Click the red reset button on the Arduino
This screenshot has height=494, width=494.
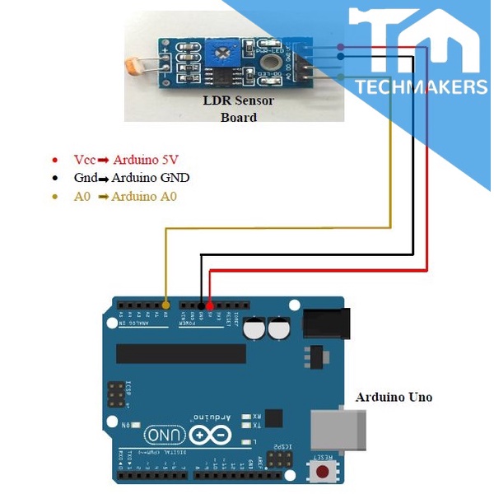pos(323,472)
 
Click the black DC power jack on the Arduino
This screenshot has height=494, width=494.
pos(327,322)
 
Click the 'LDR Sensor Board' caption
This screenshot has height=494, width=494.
pos(239,109)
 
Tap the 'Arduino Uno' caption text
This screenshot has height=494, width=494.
pos(394,397)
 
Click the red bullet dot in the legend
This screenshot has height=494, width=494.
pos(54,160)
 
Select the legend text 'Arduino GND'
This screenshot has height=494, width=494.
pos(151,178)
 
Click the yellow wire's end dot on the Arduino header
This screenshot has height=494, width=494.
pos(166,306)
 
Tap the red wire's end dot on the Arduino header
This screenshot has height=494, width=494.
pos(210,306)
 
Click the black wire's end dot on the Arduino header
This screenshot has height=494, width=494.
pos(201,306)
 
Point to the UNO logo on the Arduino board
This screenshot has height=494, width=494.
pos(165,434)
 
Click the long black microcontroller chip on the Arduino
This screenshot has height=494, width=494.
pos(181,353)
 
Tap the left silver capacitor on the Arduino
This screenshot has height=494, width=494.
pos(254,329)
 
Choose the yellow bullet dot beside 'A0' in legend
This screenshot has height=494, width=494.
pos(54,197)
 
